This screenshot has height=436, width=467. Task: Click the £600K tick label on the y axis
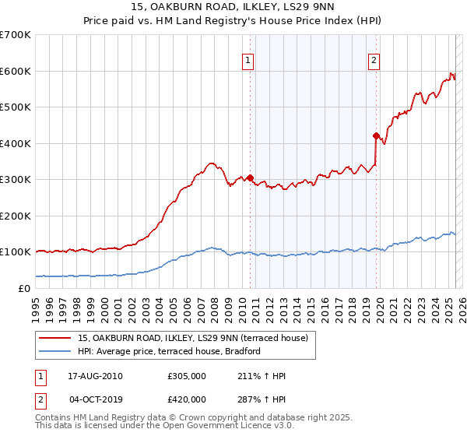click(x=16, y=71)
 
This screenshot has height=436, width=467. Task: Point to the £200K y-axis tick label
click(x=16, y=216)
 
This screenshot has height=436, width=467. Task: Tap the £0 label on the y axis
click(x=23, y=288)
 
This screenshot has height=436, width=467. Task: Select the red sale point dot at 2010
click(x=250, y=177)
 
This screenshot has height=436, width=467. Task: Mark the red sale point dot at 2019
click(x=376, y=135)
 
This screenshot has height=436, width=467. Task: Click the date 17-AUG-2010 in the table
click(x=96, y=377)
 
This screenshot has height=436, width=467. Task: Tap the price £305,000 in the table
click(x=187, y=377)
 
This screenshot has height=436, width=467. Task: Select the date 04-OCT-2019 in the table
click(x=96, y=399)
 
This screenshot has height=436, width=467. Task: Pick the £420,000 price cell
click(x=187, y=399)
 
